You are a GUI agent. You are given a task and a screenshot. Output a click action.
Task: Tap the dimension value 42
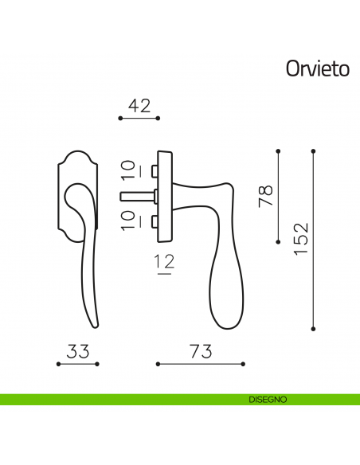pos(139,104)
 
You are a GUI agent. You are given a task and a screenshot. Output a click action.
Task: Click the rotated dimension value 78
pos(265,196)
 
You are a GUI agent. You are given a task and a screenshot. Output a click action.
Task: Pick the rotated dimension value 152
pos(299,239)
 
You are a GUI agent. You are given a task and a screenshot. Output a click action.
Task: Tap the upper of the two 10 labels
pos(128,170)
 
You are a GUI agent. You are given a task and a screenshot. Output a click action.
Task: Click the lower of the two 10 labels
pos(128,221)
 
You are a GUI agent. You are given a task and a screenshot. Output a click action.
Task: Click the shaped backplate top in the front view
pos(77,159)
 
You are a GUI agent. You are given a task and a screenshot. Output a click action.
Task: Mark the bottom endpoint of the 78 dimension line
pos(279,242)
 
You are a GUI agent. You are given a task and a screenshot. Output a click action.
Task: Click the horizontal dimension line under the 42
pos(139,119)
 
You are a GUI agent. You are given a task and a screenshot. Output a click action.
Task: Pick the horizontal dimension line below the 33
pos(77,364)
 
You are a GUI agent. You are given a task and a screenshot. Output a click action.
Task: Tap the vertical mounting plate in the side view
pos(165,196)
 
